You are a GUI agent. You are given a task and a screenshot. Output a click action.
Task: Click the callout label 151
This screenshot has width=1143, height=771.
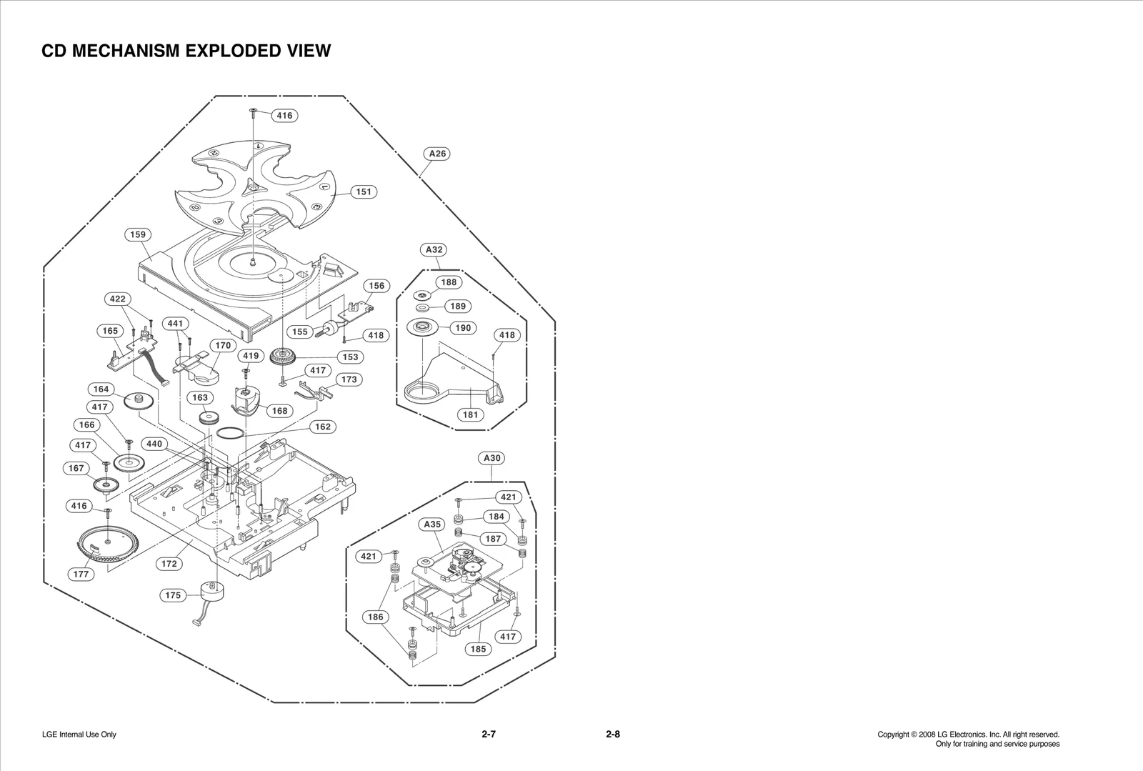pyautogui.click(x=364, y=191)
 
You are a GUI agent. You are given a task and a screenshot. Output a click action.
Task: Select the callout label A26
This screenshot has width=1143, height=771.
pyautogui.click(x=437, y=154)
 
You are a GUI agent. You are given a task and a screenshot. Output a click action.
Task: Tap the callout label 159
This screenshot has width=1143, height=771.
pyautogui.click(x=138, y=234)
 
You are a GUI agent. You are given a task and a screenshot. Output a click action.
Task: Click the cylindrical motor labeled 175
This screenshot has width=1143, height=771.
pyautogui.click(x=211, y=591)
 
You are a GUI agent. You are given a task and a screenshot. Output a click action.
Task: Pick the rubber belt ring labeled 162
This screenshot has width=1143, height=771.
pyautogui.click(x=230, y=433)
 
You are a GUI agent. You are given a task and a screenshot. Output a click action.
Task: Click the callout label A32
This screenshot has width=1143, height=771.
pyautogui.click(x=434, y=249)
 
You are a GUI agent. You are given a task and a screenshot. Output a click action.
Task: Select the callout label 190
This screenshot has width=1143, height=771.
pyautogui.click(x=463, y=327)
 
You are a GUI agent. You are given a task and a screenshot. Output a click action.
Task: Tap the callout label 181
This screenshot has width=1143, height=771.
pyautogui.click(x=470, y=414)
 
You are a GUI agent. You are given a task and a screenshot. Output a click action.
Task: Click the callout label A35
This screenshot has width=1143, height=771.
pyautogui.click(x=432, y=524)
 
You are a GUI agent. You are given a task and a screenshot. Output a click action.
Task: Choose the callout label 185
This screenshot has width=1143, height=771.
pyautogui.click(x=478, y=649)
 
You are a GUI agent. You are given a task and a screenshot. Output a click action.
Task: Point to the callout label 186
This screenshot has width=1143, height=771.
pyautogui.click(x=375, y=617)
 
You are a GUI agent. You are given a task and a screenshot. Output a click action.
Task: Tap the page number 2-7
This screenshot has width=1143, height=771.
pyautogui.click(x=489, y=734)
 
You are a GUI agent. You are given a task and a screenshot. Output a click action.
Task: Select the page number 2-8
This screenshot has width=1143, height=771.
pyautogui.click(x=612, y=734)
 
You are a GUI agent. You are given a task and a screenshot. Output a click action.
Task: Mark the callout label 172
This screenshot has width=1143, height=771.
pyautogui.click(x=169, y=564)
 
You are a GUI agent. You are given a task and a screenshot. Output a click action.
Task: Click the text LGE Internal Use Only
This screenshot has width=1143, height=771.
pyautogui.click(x=79, y=735)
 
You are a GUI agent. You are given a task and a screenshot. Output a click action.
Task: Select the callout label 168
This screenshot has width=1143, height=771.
pyautogui.click(x=279, y=411)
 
